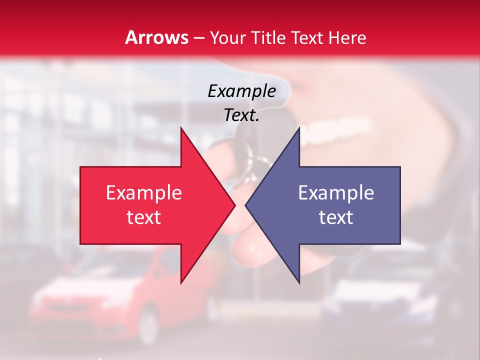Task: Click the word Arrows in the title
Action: (x=156, y=37)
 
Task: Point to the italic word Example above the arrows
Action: (x=241, y=91)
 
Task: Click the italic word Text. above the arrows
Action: (x=241, y=115)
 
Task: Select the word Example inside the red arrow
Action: (x=143, y=193)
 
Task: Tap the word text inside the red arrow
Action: (x=143, y=217)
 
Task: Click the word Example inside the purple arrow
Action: (x=336, y=193)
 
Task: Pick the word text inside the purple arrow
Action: (x=336, y=217)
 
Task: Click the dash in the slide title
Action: (x=198, y=38)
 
